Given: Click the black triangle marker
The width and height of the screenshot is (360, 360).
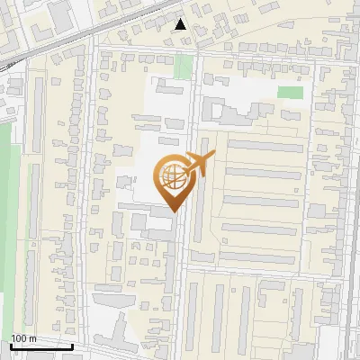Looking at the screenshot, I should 181,24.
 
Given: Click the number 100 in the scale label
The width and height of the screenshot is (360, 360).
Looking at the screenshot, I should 18,338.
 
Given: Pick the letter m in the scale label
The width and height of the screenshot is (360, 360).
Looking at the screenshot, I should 31,338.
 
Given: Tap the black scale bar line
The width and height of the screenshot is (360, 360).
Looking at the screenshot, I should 41,346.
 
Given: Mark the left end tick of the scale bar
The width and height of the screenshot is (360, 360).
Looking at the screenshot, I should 10,345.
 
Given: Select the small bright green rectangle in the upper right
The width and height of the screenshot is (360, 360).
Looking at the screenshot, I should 290,92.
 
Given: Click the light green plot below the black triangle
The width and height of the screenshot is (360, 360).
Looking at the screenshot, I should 184,66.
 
